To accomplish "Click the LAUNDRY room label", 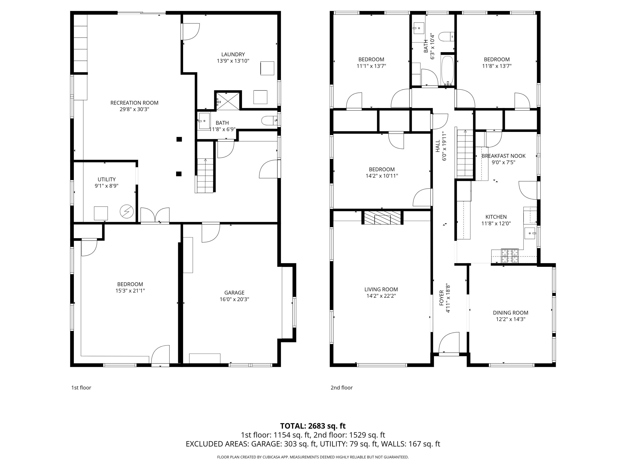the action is (233, 54).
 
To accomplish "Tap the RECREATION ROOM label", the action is (134, 103).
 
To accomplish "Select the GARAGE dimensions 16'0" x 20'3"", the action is (234, 299).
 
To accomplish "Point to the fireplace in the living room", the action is (382, 218).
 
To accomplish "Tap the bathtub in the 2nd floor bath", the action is (448, 70).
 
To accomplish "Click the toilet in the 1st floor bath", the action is (269, 121).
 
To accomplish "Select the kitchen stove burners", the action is (510, 255).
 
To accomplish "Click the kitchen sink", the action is (529, 233).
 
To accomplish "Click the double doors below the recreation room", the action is (155, 215).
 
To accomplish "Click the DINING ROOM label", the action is (511, 313).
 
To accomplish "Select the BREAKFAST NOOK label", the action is (503, 156).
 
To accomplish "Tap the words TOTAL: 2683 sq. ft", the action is (313, 426).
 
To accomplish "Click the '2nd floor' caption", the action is (342, 388).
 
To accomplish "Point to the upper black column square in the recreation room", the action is (179, 139).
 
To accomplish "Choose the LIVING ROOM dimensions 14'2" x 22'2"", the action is (381, 296).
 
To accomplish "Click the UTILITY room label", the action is (106, 179).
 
